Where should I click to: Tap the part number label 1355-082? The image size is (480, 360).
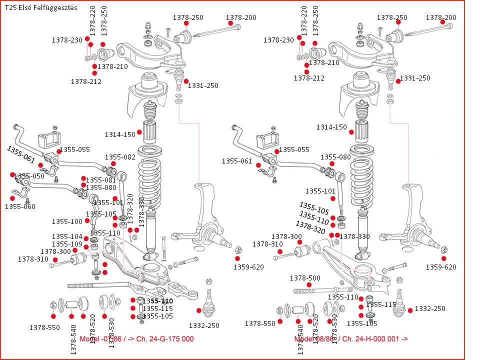120,157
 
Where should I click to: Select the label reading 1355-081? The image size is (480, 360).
101,180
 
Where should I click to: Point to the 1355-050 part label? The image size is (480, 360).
29,176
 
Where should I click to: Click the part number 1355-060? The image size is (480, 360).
20,206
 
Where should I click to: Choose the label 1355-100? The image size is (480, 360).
67,221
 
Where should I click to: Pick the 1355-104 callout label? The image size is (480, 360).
67,236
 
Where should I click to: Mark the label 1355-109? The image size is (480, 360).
67,244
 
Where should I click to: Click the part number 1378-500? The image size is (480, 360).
305,278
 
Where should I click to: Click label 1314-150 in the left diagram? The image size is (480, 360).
120,134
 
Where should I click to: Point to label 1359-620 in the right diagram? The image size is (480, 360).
441,267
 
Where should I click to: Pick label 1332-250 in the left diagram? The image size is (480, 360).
204,325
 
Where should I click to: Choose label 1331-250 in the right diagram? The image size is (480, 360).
415,78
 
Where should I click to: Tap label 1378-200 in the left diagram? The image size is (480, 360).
241,17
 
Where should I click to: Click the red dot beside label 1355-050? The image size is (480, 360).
12,174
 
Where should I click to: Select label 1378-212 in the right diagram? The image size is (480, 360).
309,78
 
